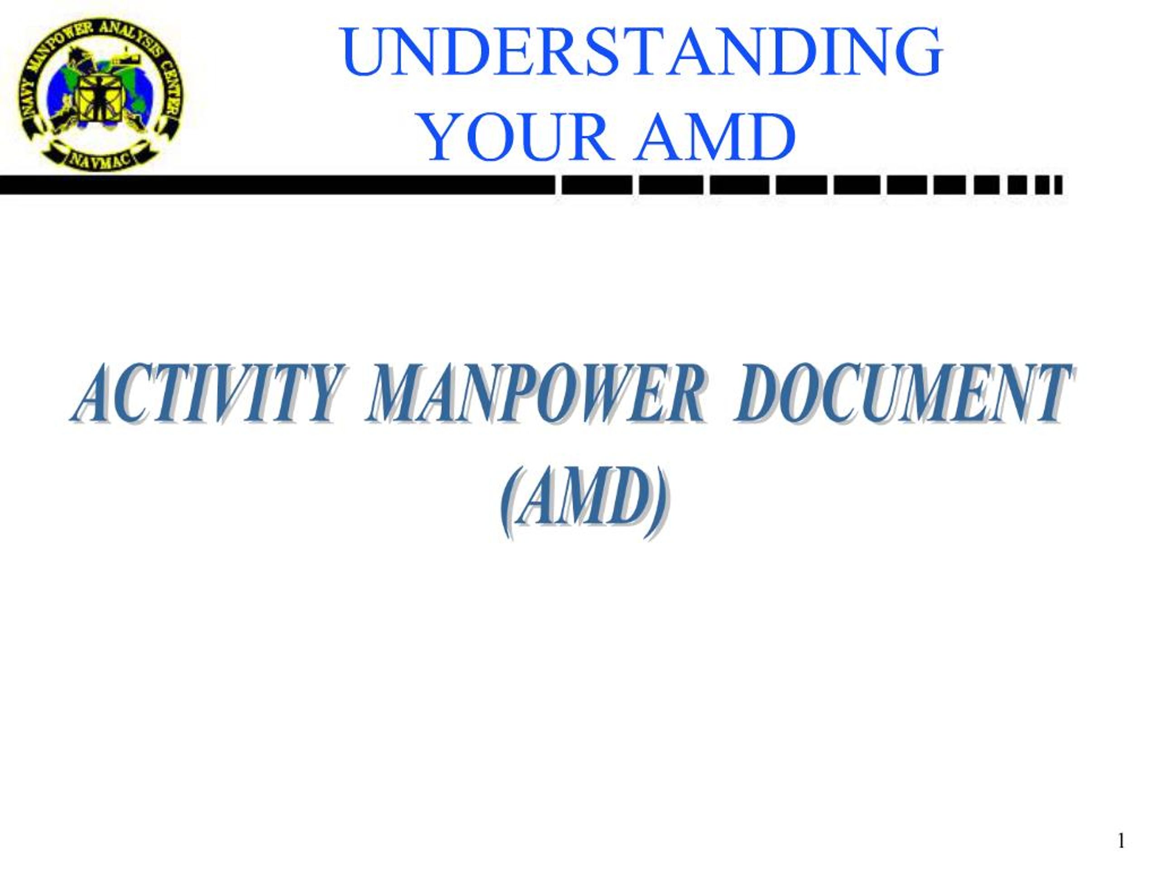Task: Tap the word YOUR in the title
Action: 516,137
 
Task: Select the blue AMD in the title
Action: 715,137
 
